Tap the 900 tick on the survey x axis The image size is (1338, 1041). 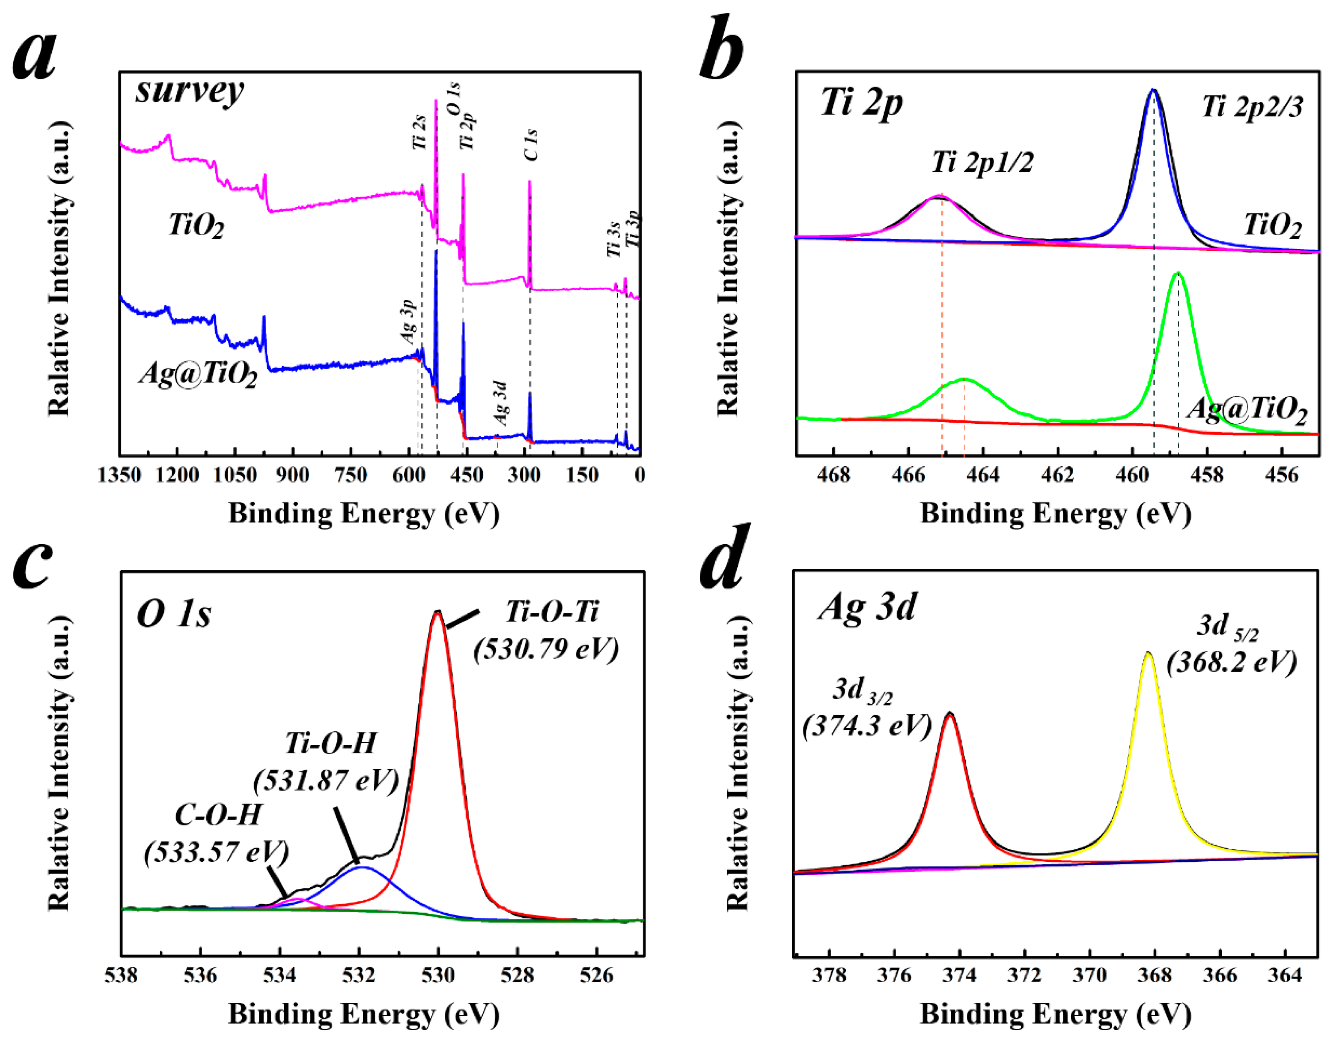point(293,475)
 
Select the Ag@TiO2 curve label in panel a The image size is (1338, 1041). point(197,374)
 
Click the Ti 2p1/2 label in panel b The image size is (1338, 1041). point(982,163)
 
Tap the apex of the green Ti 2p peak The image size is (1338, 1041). point(1177,274)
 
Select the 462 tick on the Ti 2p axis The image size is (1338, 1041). point(1058,475)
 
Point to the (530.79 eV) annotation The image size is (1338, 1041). point(546,648)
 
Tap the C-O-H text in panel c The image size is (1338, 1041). point(218,815)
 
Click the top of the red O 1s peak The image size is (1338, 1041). point(437,613)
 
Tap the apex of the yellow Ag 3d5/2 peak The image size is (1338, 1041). point(1148,654)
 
